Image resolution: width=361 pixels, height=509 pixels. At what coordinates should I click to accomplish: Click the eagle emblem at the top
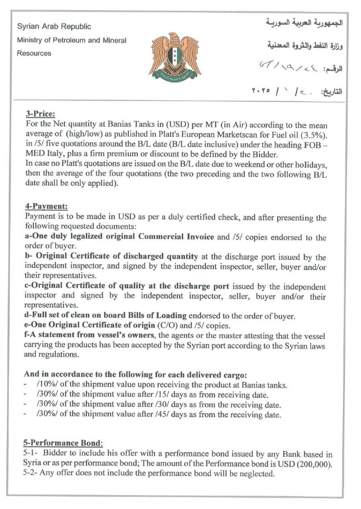(x=175, y=56)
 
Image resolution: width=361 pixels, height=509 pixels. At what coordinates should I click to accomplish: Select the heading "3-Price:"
(x=41, y=114)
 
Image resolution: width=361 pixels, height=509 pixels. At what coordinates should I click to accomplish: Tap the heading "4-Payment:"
(x=46, y=206)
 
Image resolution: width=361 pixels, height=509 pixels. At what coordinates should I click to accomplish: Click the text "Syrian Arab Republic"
(x=54, y=27)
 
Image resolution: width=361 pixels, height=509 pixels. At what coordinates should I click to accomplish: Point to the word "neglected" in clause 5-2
(x=258, y=473)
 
